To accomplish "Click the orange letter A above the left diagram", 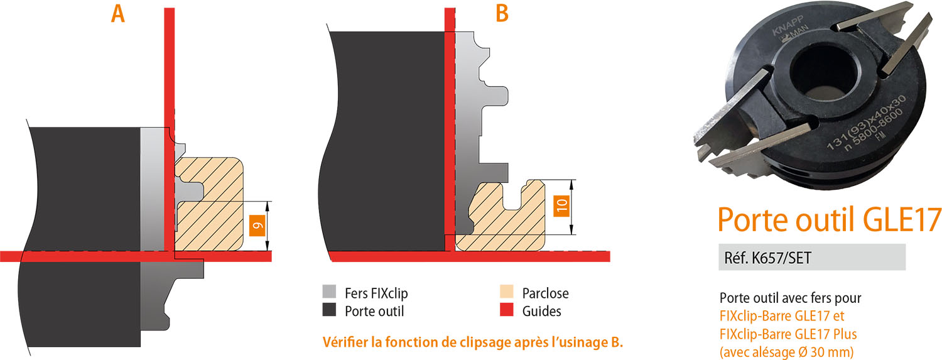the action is click(x=118, y=14).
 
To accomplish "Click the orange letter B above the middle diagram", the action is click(x=502, y=14).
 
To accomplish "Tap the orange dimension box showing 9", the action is click(x=257, y=226).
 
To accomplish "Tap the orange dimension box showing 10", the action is click(x=561, y=206).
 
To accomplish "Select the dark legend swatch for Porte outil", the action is click(x=329, y=310).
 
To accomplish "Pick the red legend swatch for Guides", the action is click(x=507, y=310).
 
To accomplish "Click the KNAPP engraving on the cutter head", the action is click(x=788, y=26).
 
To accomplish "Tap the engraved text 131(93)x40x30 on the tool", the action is click(x=865, y=122).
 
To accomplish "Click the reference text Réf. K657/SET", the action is click(x=767, y=258).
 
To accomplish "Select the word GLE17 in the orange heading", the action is click(x=902, y=219).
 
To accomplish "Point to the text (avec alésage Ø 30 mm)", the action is click(x=786, y=352).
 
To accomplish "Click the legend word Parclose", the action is click(x=546, y=293).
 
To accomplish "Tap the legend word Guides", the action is click(x=541, y=311).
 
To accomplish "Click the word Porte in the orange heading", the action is click(x=752, y=219).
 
